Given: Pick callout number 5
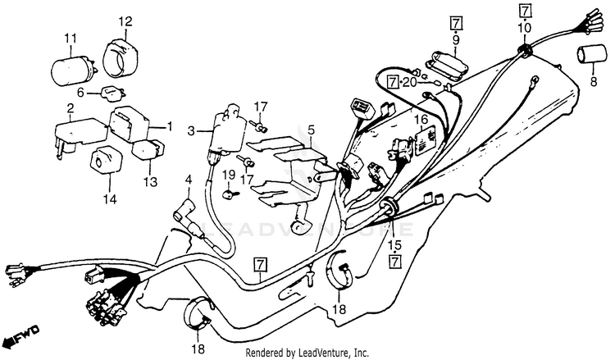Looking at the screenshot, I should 311,130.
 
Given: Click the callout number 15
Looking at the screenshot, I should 394,244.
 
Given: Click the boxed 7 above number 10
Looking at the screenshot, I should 525,11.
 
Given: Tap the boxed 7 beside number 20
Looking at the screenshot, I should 394,81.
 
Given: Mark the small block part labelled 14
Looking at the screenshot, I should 107,160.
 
